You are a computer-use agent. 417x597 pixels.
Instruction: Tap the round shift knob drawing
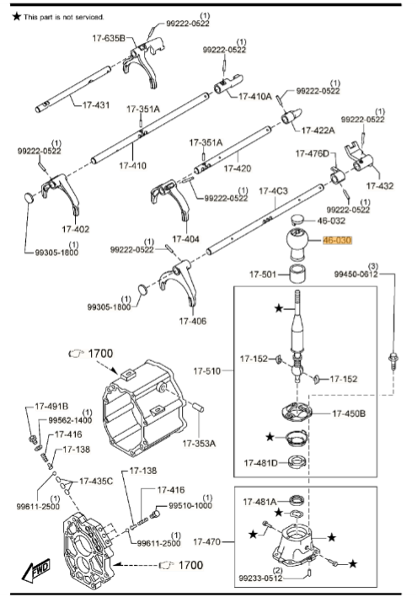(x=297, y=243)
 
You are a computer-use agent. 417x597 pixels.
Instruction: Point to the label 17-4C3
(x=273, y=191)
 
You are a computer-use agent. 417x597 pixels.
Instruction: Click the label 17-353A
(x=199, y=442)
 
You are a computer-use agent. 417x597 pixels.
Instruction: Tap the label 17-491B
(x=52, y=407)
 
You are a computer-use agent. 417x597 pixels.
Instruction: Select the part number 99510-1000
(x=190, y=506)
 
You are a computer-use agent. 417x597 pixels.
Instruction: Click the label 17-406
(x=193, y=321)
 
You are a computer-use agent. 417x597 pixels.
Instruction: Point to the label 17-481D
(x=262, y=462)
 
